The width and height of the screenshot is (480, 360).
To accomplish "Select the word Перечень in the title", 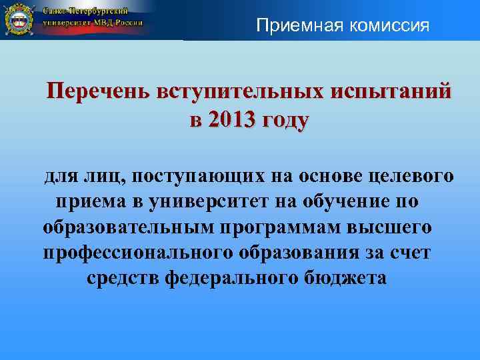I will [x=96, y=91].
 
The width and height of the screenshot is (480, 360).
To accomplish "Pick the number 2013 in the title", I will [x=230, y=121].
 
